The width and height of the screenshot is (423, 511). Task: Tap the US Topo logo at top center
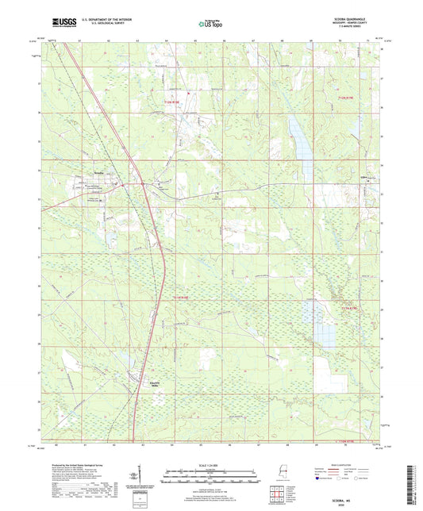click(210, 25)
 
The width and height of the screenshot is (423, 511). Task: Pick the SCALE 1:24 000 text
click(210, 465)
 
